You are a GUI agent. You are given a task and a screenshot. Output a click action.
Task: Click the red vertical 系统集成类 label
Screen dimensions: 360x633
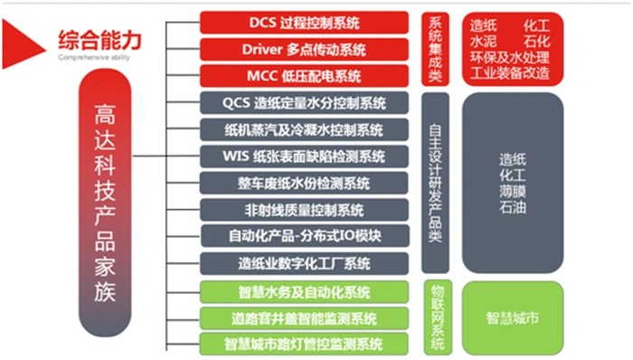435,49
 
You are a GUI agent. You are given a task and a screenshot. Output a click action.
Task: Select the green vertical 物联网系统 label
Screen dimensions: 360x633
435,317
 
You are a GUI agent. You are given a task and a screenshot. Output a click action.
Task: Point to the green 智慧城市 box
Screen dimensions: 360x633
512,318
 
